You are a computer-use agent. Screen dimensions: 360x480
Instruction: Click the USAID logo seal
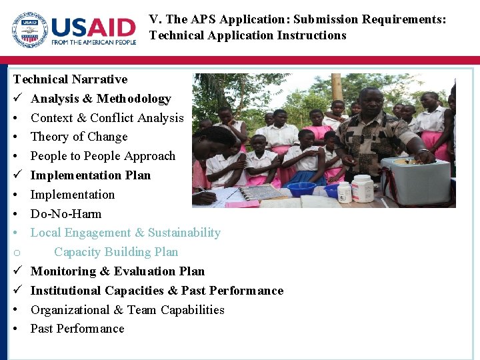pos(30,31)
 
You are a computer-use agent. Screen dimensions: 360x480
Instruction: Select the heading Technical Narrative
pos(70,79)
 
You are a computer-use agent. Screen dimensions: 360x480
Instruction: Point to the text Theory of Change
pos(79,137)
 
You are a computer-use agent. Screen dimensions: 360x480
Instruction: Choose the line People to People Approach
pos(103,156)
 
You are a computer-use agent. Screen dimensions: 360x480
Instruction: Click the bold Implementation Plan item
pos(91,175)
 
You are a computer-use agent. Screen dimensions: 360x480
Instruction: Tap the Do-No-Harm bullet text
pos(66,214)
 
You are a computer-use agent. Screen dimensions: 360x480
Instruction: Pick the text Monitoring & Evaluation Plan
pos(117,271)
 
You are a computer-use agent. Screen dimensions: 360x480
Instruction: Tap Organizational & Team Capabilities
pos(127,310)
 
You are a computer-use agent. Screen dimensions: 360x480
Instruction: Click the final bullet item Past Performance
pos(77,329)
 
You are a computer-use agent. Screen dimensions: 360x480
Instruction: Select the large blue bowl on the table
pos(301,189)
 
